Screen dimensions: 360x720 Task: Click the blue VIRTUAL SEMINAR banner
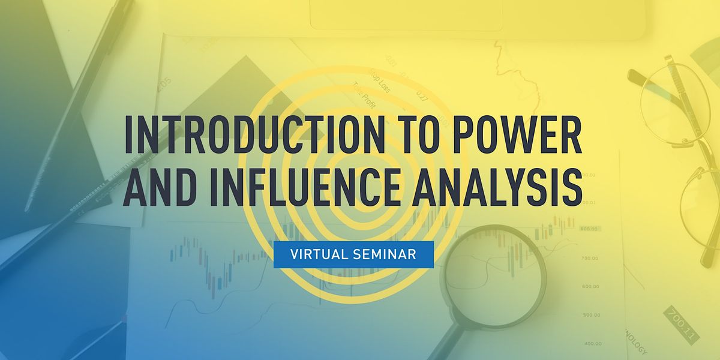pyautogui.click(x=353, y=254)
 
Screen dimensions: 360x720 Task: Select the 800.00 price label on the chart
pyautogui.click(x=589, y=229)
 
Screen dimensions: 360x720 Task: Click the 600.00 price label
pyautogui.click(x=590, y=286)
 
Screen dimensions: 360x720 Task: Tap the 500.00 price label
pyautogui.click(x=591, y=314)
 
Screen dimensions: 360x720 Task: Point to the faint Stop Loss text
pyautogui.click(x=379, y=81)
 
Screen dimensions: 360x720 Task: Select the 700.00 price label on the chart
pyautogui.click(x=590, y=257)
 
